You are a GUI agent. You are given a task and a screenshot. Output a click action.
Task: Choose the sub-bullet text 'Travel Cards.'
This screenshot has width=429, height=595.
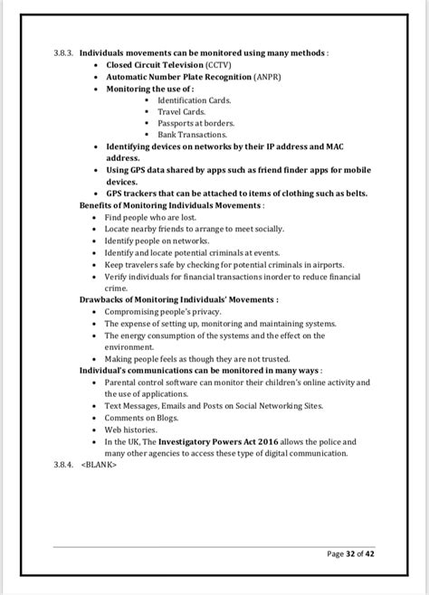181,112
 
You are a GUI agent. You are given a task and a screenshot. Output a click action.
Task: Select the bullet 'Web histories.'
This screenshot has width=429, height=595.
132,430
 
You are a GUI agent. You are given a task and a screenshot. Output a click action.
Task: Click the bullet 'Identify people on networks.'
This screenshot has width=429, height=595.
157,241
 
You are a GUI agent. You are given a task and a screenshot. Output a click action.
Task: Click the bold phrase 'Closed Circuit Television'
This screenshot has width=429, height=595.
154,65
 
